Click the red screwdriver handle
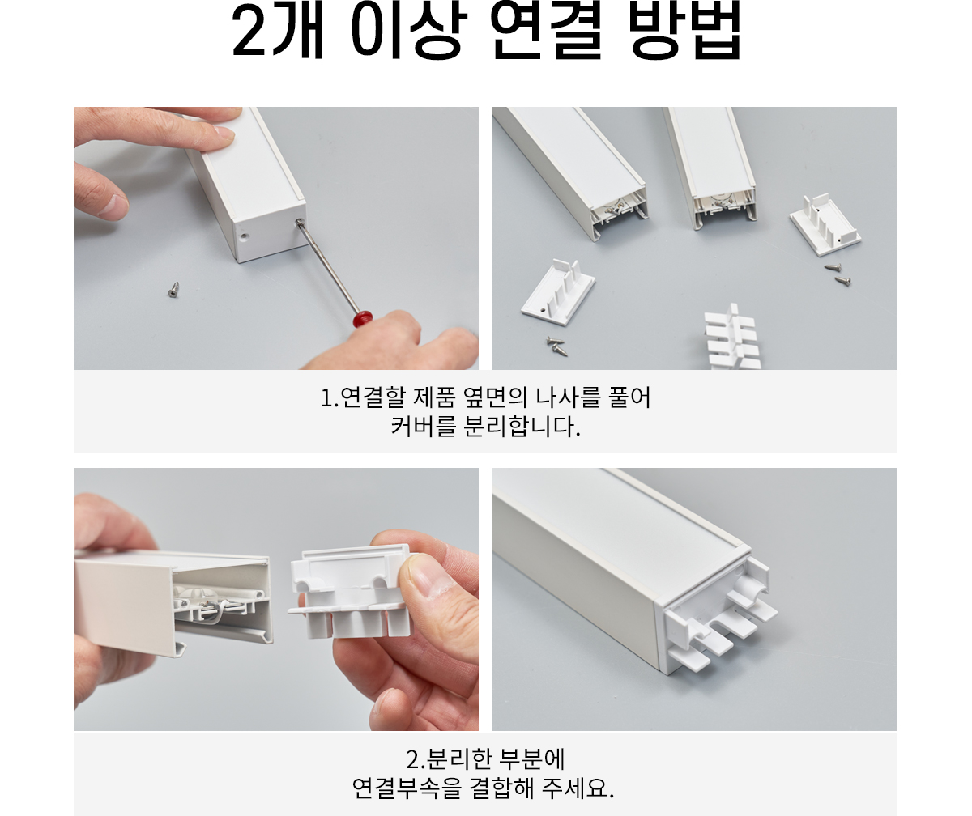(363, 319)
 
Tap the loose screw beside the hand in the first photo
(173, 289)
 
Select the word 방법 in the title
(684, 31)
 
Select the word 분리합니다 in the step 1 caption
(522, 427)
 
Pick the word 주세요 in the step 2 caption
(578, 788)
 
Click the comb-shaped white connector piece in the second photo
(732, 338)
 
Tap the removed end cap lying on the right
(825, 225)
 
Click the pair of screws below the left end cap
(556, 346)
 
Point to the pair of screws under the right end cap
(838, 274)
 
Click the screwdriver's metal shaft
(328, 267)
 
